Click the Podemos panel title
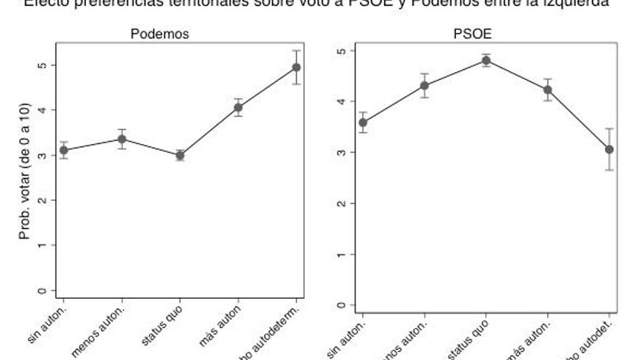click(159, 34)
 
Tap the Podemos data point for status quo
click(180, 155)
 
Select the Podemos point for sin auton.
click(64, 150)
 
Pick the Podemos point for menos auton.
click(122, 139)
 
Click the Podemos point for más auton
click(238, 108)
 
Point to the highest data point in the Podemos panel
click(296, 68)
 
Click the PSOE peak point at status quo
click(486, 60)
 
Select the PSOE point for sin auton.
click(363, 122)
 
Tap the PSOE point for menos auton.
click(425, 86)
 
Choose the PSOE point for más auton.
click(548, 89)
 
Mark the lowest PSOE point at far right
click(609, 149)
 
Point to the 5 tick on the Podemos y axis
click(43, 65)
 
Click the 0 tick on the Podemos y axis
click(43, 291)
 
